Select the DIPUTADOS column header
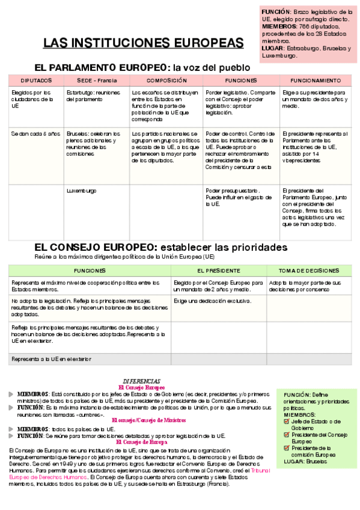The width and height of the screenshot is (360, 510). pyautogui.click(x=36, y=81)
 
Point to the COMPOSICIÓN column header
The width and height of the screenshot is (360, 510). pyautogui.click(x=166, y=81)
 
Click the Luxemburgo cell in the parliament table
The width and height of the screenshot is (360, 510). pyautogui.click(x=81, y=191)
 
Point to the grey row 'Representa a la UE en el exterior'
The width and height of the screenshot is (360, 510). pyautogui.click(x=52, y=359)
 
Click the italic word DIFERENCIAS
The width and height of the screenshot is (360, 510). pyautogui.click(x=141, y=381)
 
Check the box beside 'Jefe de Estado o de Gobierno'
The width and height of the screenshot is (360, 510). pyautogui.click(x=286, y=422)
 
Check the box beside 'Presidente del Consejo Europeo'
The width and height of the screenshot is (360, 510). pyautogui.click(x=286, y=434)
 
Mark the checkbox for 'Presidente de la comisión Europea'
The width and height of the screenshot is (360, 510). pyautogui.click(x=286, y=447)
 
